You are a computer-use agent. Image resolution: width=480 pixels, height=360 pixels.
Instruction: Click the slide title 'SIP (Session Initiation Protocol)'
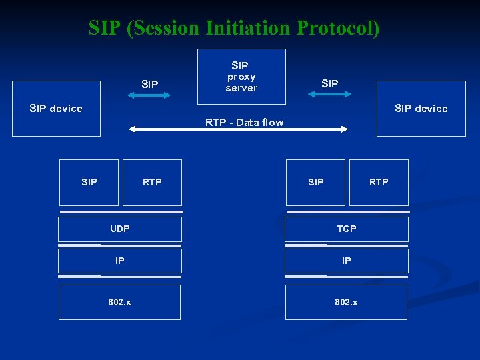pos(234,28)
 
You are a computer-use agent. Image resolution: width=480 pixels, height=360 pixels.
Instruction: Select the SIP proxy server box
pos(241,77)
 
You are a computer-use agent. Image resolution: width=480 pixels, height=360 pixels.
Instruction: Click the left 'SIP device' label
pos(56,108)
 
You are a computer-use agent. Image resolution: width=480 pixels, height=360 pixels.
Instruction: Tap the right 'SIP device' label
pos(421,108)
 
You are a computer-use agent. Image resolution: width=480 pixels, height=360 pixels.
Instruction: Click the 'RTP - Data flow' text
pos(244,122)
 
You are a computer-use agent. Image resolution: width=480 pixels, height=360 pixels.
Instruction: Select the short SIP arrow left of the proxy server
pos(150,95)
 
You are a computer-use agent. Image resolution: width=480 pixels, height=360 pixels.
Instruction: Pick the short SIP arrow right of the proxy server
pos(329,95)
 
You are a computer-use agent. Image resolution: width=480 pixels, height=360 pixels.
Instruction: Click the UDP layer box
pos(120,229)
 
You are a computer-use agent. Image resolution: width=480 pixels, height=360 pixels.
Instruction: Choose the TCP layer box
pos(347,229)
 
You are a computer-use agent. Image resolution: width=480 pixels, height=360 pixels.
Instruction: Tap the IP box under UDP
pos(120,261)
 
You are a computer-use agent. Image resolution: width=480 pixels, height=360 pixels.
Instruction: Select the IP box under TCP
pos(347,261)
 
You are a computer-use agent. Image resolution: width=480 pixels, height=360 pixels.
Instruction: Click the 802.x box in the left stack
pos(120,302)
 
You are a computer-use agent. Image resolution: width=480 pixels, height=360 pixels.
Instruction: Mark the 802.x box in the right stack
pos(347,302)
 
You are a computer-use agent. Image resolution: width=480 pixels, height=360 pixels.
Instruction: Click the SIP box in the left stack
pos(89,182)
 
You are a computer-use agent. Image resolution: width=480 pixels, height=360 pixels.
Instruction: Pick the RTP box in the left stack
pos(152,182)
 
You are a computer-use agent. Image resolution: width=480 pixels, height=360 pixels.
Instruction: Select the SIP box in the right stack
pos(316,182)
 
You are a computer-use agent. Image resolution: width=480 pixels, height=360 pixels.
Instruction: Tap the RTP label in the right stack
pos(379,182)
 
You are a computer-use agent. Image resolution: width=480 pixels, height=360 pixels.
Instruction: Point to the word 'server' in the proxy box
pos(241,88)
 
